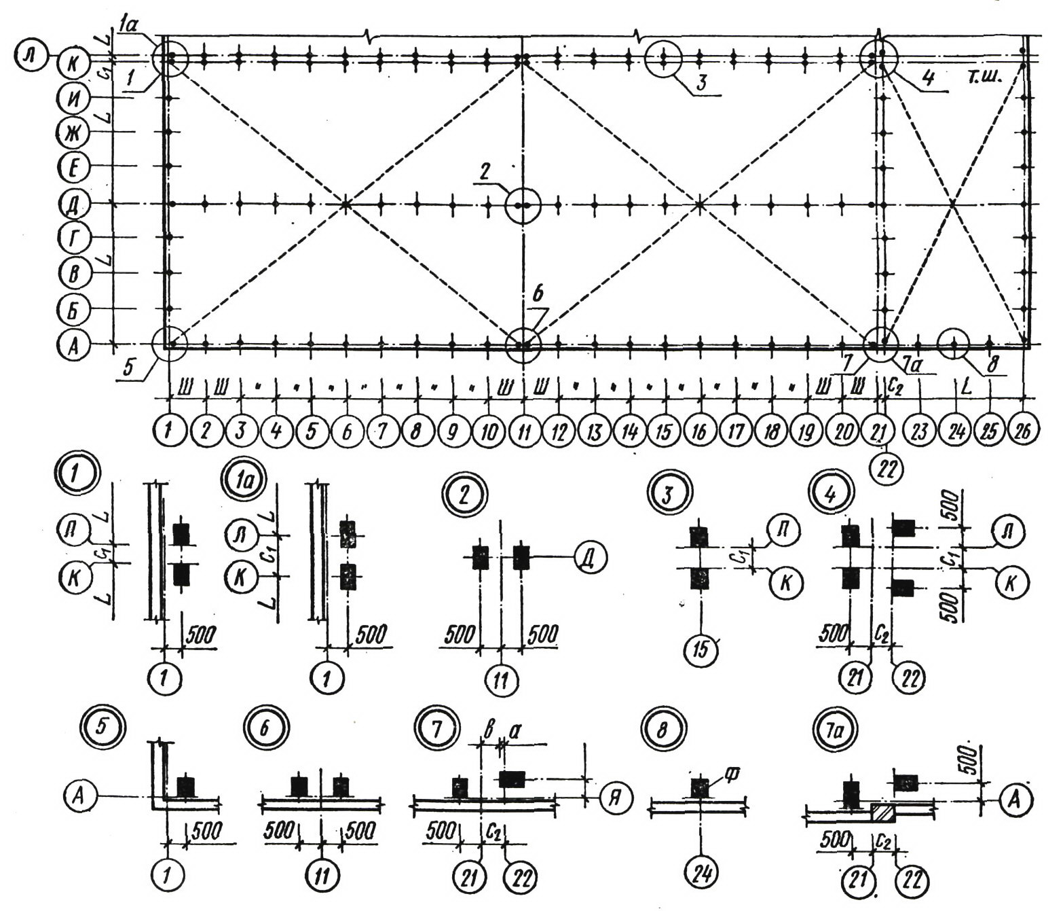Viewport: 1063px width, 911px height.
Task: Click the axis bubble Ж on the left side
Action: point(71,132)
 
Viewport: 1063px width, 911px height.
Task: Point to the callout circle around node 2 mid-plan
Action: point(523,204)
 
